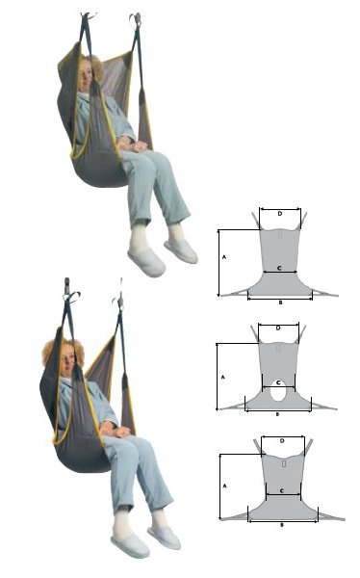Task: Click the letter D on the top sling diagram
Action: [280, 213]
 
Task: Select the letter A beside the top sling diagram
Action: [223, 259]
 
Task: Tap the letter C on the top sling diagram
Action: [279, 267]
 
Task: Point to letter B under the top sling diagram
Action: [279, 302]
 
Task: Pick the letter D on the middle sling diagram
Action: [278, 328]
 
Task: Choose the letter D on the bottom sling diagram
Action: [280, 441]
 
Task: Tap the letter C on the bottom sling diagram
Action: [280, 490]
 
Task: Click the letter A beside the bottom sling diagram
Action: [223, 487]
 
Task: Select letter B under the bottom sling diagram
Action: [281, 525]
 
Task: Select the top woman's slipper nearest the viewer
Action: [145, 261]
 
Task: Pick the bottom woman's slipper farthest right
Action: [164, 537]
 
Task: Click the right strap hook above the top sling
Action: [136, 18]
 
